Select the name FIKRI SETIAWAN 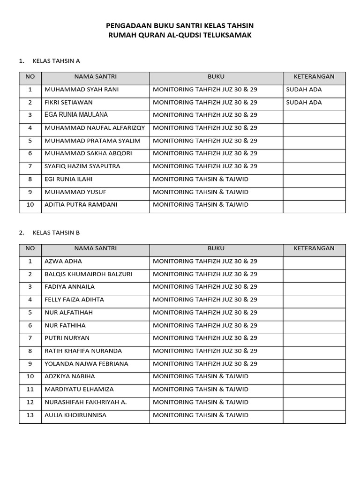pos(68,102)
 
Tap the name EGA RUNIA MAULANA pos(76,115)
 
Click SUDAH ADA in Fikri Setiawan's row pos(304,102)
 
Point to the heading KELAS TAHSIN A pos(56,61)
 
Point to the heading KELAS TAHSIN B pos(56,232)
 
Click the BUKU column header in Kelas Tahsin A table pos(216,76)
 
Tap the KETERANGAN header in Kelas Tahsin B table pos(314,248)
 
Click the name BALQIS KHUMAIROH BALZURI pos(88,274)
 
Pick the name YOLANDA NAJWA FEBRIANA pos(86,364)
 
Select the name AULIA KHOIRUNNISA pos(75,415)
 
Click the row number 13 pos(30,415)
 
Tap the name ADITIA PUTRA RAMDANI pos(81,204)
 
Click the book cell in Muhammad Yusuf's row pos(201,192)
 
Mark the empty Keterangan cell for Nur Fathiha pos(314,325)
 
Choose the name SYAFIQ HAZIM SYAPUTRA pos(82,166)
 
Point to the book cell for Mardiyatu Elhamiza pos(201,389)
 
